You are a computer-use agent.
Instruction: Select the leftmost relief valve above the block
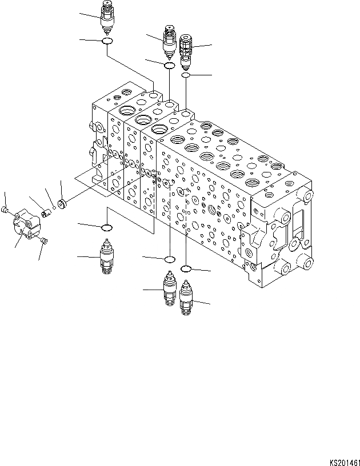[107, 18]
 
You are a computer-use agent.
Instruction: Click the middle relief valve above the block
[169, 41]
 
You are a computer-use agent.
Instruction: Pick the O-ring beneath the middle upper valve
[170, 66]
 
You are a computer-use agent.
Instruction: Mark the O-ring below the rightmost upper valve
[186, 75]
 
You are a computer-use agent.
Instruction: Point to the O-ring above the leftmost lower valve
[106, 228]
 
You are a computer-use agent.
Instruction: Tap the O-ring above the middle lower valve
[169, 260]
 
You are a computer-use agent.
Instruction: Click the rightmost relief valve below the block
[186, 297]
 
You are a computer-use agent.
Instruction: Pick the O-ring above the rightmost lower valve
[186, 268]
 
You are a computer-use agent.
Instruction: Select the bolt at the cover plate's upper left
[7, 211]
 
